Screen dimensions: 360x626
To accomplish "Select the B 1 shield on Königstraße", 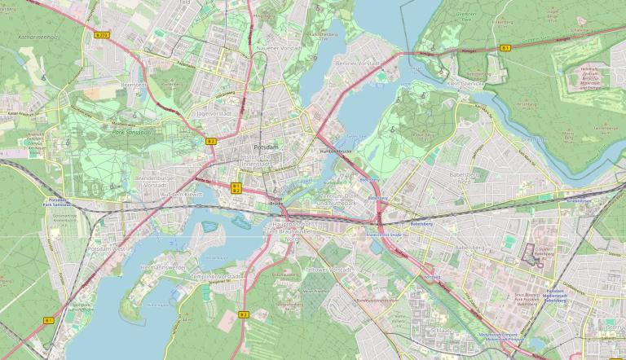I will (x=506, y=49).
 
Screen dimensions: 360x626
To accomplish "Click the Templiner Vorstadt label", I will (x=215, y=276).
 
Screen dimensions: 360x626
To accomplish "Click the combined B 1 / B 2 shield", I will (x=236, y=188).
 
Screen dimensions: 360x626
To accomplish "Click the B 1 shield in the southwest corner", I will (x=48, y=321).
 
